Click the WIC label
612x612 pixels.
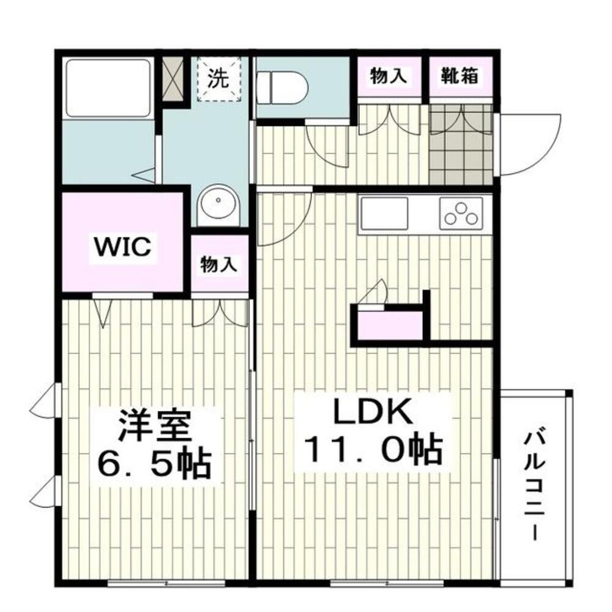click(x=122, y=248)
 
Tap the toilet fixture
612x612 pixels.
click(x=281, y=87)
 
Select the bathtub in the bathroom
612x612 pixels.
click(x=108, y=87)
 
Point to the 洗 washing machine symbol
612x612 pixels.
click(x=218, y=78)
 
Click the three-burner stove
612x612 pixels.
click(x=462, y=214)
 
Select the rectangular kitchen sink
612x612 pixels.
click(x=384, y=213)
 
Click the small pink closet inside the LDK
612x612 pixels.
click(x=390, y=325)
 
